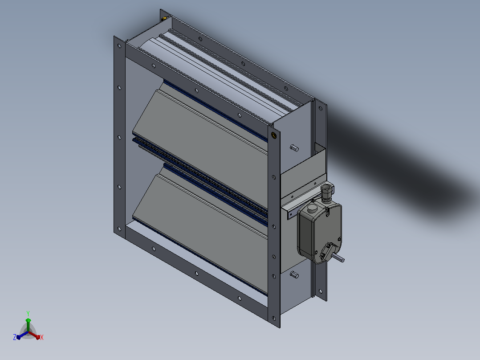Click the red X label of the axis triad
(42, 337)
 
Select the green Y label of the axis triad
(28, 313)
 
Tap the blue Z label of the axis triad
(15, 337)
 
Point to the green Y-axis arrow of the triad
(28, 325)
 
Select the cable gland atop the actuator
(327, 192)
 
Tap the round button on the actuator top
(312, 209)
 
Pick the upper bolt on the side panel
(294, 148)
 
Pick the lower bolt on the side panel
(294, 274)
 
